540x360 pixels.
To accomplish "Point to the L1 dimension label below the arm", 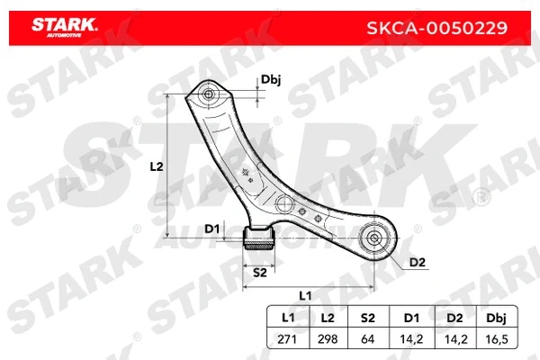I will pos(305,295).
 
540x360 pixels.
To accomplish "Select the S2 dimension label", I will pos(259,272).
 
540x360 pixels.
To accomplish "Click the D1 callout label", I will pos(212,229).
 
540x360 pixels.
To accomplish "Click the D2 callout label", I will pos(417,262).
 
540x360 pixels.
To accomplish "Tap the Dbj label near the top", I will pos(271,80).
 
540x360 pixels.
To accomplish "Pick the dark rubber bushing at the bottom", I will pos(260,239).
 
